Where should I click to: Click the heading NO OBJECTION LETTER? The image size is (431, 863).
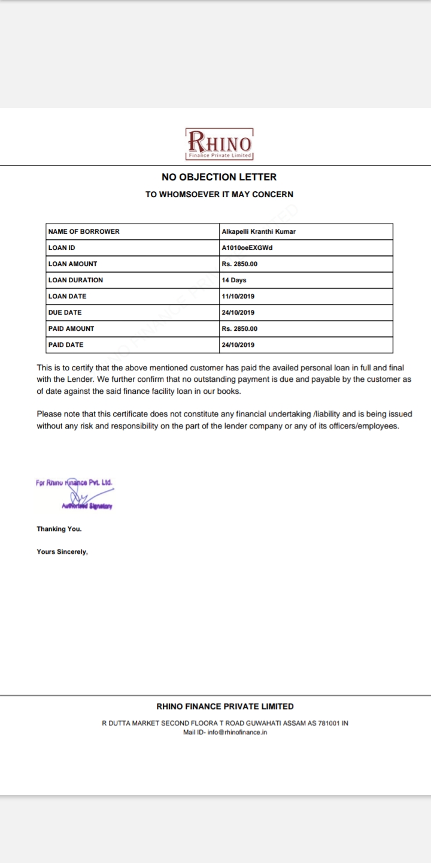coord(219,177)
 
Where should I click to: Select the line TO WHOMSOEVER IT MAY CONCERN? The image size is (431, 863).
coord(219,194)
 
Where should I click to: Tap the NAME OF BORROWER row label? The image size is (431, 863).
coord(84,231)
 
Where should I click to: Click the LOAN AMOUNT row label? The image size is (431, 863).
coord(72,264)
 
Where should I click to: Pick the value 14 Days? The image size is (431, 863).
coord(234,280)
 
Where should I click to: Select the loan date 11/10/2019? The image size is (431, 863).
coord(238,296)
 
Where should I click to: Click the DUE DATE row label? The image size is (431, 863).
coord(65,312)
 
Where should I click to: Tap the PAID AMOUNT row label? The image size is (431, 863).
coord(71,328)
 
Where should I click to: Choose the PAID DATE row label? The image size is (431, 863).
coord(66,345)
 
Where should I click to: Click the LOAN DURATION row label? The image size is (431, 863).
coord(75,280)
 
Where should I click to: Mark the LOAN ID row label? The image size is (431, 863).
coord(62,248)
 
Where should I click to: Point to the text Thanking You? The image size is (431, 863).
coord(59,529)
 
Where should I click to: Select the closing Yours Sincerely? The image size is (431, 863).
coord(62,552)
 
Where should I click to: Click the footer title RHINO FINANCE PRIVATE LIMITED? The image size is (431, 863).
coord(225,707)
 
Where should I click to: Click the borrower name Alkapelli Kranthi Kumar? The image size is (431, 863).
coord(259,231)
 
